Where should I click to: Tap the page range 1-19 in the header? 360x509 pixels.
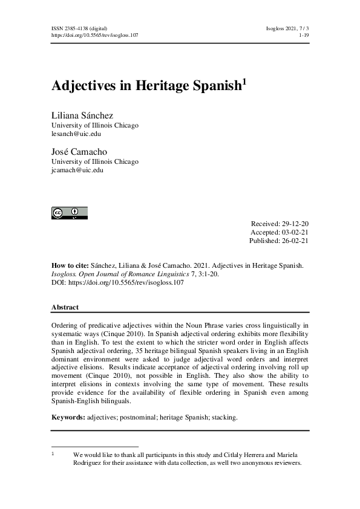coord(304,36)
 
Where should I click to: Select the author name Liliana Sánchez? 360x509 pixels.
coord(83,115)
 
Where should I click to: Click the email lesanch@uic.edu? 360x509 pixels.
coord(76,134)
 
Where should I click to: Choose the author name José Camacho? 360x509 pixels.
coord(79,152)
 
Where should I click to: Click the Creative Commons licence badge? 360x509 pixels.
coord(69,212)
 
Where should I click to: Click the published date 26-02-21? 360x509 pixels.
coord(295,241)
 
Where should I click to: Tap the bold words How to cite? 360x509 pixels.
coord(71,265)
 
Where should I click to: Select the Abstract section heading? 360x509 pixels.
coord(65,307)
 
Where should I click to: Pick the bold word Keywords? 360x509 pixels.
coord(68,417)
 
